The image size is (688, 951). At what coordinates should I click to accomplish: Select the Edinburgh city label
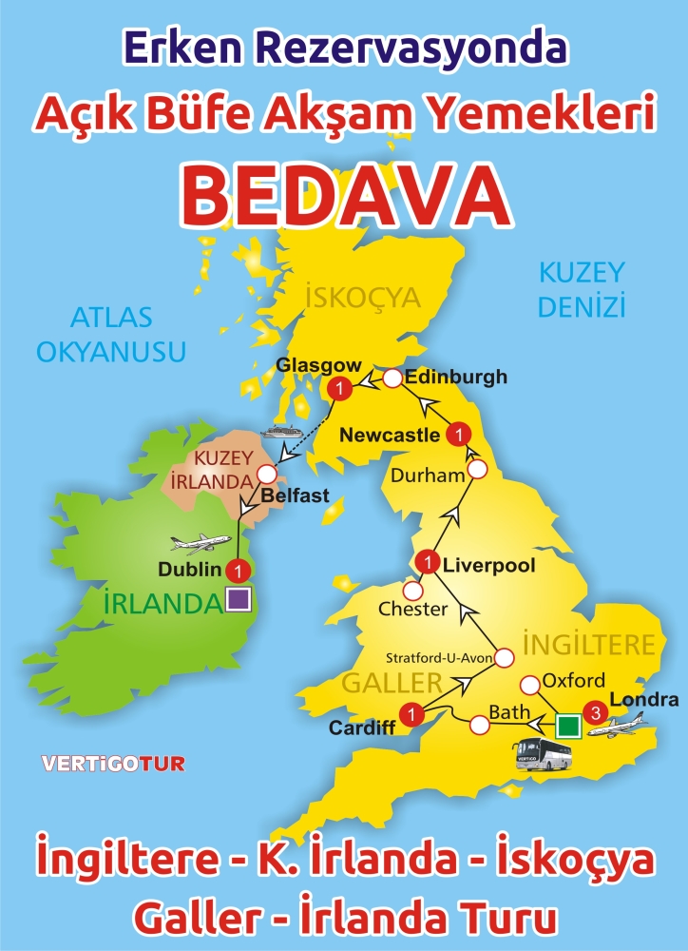click(455, 378)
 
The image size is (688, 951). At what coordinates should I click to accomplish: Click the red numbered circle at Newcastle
click(459, 434)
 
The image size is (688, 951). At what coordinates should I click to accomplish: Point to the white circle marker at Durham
click(478, 469)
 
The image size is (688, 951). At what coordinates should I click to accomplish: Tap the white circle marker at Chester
click(412, 591)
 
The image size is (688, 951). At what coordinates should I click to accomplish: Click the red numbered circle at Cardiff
click(411, 711)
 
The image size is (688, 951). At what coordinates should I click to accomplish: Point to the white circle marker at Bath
click(479, 726)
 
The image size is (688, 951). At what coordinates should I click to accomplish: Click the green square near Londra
click(568, 726)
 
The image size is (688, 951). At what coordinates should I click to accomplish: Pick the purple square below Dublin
click(238, 599)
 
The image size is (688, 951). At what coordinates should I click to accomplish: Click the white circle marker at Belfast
click(267, 473)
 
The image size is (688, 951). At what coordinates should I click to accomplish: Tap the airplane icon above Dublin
click(201, 544)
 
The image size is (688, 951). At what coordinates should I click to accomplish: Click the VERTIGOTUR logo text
click(113, 763)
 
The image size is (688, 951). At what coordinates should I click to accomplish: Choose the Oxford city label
click(573, 681)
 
